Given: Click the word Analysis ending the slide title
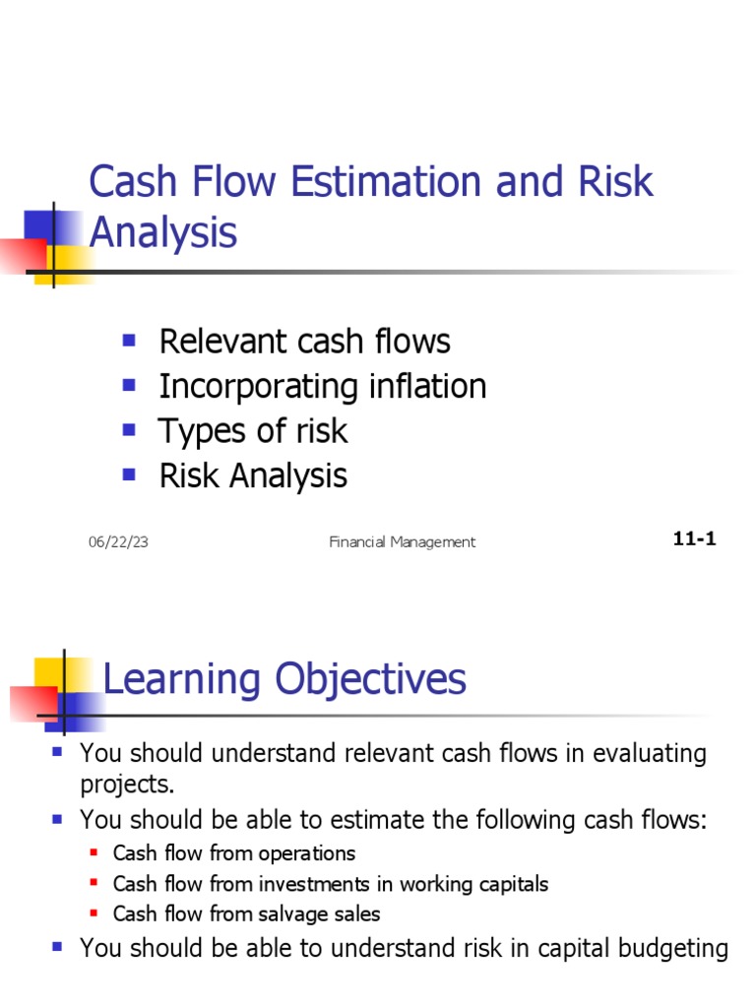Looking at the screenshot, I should [162, 233].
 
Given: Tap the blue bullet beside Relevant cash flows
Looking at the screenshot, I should [128, 340].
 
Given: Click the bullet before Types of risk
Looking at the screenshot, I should [128, 429].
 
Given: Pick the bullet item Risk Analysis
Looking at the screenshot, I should [253, 475].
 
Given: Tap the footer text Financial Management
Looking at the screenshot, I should [402, 541].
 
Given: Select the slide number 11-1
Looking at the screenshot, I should [694, 539].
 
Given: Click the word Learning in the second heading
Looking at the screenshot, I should [182, 679].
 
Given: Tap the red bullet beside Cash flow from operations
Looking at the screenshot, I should [94, 852].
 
